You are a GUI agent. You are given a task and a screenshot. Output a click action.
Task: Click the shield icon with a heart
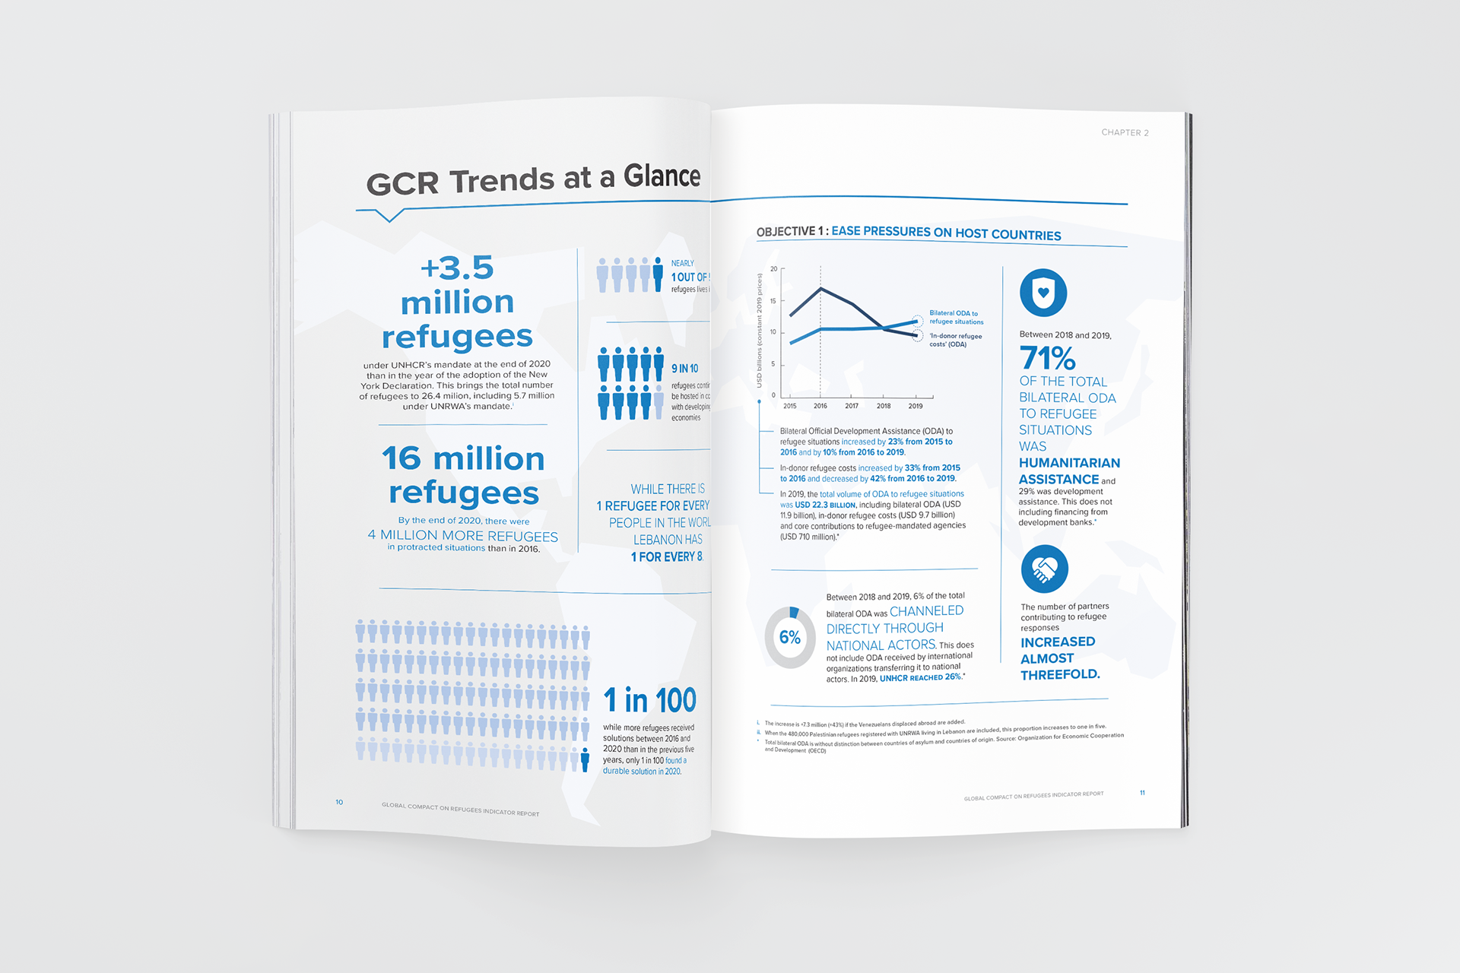tap(1043, 293)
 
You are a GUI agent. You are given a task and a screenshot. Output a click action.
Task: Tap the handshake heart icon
tap(1044, 569)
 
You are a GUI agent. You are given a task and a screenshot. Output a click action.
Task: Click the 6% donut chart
tap(790, 637)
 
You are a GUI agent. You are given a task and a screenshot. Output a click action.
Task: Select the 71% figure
tap(1047, 358)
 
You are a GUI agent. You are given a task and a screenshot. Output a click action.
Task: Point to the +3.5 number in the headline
tap(457, 268)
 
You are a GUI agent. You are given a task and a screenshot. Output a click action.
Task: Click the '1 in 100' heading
tap(649, 700)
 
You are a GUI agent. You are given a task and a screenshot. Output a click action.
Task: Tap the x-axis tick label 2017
tap(852, 406)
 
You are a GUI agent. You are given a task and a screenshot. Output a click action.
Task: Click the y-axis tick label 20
tap(773, 269)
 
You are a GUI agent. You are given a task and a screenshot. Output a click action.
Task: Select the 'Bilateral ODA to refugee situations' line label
tap(956, 317)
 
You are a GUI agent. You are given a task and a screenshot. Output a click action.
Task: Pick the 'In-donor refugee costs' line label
tap(955, 340)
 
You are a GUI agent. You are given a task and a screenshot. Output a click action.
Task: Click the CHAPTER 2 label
tap(1125, 132)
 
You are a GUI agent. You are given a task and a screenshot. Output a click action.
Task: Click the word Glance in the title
tap(662, 176)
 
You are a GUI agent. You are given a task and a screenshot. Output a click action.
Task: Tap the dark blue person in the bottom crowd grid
tap(585, 759)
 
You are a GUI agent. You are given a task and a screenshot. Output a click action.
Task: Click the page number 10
tap(339, 802)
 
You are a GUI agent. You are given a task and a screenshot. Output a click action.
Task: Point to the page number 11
tap(1142, 793)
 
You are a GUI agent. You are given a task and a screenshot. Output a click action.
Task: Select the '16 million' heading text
tap(463, 459)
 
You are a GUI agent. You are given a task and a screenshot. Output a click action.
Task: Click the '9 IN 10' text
tap(684, 369)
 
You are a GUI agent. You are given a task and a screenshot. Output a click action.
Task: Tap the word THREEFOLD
tap(1059, 674)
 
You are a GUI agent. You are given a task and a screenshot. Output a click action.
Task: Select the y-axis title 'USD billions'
tap(759, 331)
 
